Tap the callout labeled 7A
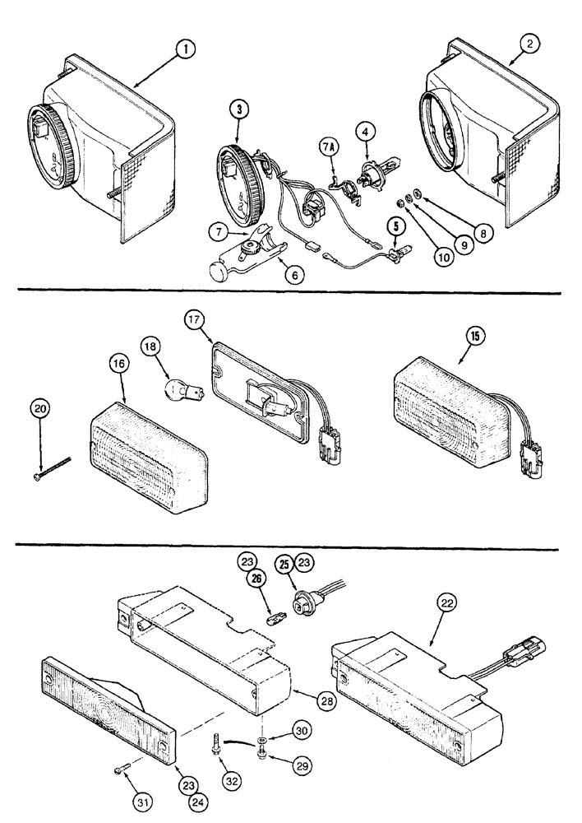pos(326,148)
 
